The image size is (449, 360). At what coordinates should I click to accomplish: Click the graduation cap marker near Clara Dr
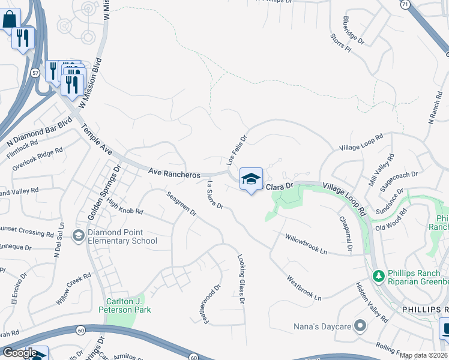tap(252, 179)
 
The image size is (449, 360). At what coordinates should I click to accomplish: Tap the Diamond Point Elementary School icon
tap(78, 236)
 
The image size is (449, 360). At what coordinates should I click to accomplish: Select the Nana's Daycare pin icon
tap(360, 326)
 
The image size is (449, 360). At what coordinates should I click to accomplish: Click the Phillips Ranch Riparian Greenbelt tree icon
tap(378, 277)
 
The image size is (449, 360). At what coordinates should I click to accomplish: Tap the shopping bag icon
tap(10, 19)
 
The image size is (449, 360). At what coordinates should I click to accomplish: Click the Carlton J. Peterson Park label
tap(125, 305)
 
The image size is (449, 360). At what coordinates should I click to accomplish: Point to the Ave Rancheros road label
tap(174, 173)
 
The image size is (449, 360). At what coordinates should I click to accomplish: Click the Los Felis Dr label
tap(237, 150)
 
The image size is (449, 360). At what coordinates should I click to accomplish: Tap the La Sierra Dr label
tap(215, 195)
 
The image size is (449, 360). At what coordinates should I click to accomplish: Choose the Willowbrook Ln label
tap(306, 244)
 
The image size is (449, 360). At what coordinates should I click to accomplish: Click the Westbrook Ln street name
tap(304, 288)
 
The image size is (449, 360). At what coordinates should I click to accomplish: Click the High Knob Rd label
tap(125, 206)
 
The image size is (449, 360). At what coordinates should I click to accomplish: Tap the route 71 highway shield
tap(406, 5)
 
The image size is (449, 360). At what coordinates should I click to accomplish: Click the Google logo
tap(19, 353)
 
